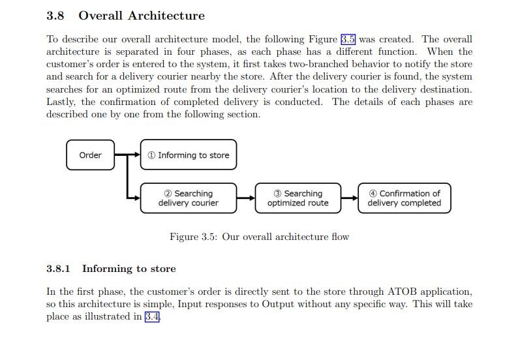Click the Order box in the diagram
click(x=90, y=155)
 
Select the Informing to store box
click(x=189, y=155)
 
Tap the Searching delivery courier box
click(x=189, y=198)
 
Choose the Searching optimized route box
click(x=298, y=198)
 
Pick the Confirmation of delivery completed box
click(x=404, y=198)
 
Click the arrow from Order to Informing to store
click(x=127, y=154)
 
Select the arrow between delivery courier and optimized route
click(x=246, y=198)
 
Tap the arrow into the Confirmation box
click(x=350, y=198)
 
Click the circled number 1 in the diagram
click(x=151, y=155)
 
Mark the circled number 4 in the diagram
click(x=373, y=193)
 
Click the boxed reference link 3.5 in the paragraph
click(x=348, y=39)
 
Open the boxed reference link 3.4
click(x=152, y=316)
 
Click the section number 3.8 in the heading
click(x=55, y=16)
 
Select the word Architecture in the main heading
click(x=166, y=16)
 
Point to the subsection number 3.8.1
click(x=58, y=269)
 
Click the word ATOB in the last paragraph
click(x=402, y=292)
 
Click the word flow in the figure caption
click(x=341, y=237)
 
